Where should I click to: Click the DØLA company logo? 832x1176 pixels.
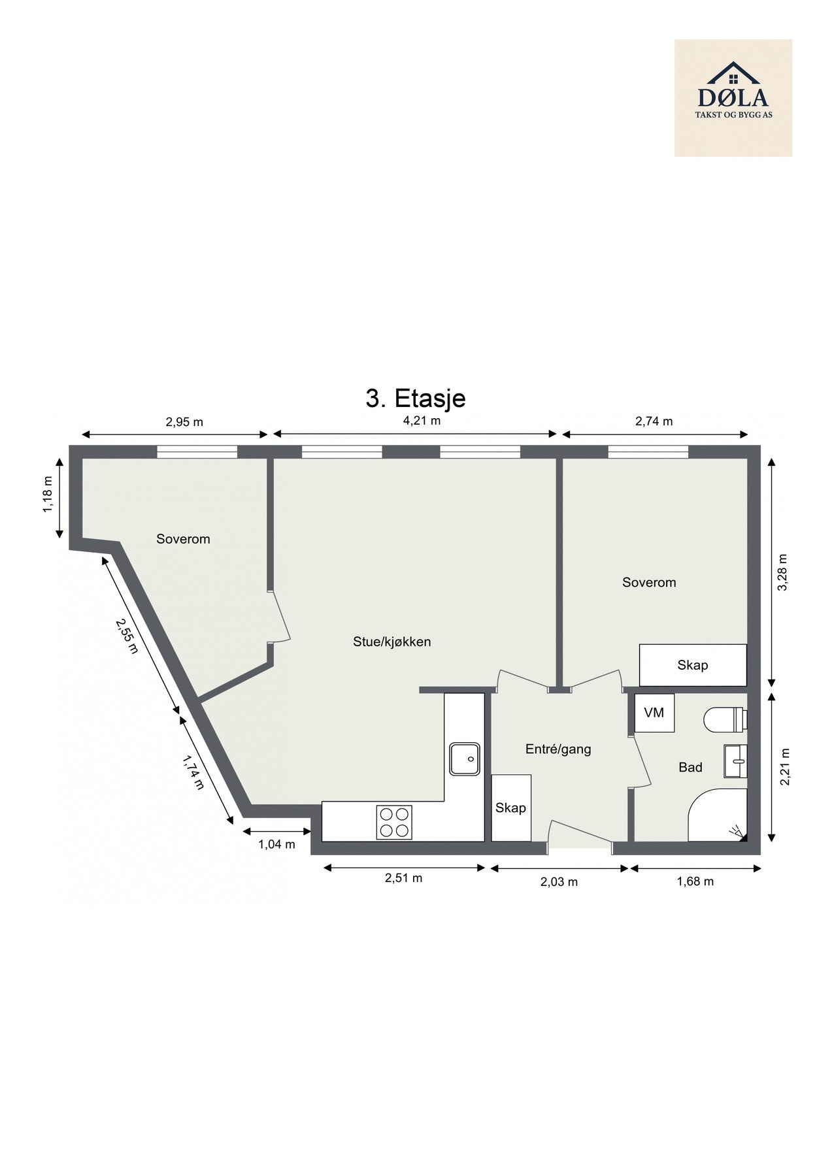tap(733, 97)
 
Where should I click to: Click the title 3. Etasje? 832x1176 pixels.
tap(415, 398)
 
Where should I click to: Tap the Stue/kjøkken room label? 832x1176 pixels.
tap(391, 642)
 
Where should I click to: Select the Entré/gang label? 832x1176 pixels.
tap(558, 749)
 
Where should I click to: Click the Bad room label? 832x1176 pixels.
tap(690, 767)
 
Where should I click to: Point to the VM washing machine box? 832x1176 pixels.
tap(654, 713)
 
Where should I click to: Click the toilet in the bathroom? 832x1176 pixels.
tap(725, 719)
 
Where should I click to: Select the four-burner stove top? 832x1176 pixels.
tap(394, 822)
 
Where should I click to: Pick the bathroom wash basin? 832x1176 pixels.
tap(735, 761)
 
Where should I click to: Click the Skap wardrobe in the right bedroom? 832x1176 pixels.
tap(692, 665)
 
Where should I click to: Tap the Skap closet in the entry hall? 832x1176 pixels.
tap(510, 808)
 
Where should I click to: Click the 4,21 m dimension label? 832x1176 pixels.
tap(422, 421)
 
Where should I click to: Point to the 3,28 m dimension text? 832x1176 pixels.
tap(784, 572)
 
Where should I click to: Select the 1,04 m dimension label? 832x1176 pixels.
tap(276, 844)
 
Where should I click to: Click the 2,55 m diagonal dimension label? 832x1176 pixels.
tap(127, 636)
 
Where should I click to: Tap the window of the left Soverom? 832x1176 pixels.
tap(197, 451)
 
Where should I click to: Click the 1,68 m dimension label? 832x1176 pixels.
tap(695, 881)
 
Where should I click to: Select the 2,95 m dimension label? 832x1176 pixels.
tap(184, 422)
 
